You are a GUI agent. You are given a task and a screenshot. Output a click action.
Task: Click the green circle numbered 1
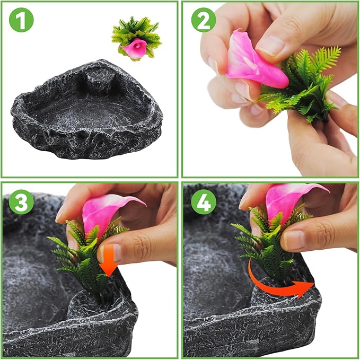pos(21,20)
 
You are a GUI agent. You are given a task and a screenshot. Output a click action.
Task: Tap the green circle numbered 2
pos(204,20)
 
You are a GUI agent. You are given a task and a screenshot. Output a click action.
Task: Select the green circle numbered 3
pos(21,202)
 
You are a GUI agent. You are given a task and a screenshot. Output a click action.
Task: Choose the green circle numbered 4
pos(204,202)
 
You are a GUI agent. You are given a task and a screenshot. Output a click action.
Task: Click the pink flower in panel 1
pos(134,47)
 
